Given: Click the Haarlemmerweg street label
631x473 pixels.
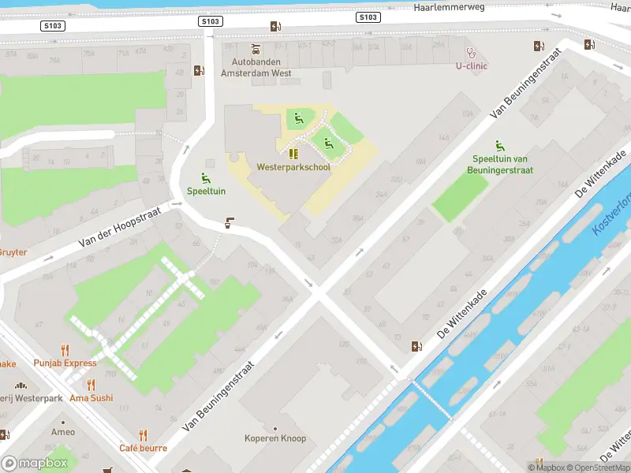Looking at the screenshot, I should tap(447, 6).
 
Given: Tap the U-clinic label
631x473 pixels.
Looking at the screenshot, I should tap(472, 66).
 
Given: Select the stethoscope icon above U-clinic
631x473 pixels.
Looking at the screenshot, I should tap(472, 53).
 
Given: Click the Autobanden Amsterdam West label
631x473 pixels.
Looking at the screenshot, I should tap(256, 67).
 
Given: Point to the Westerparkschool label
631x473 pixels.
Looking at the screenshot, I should tap(293, 167).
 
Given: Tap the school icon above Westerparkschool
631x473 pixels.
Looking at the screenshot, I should tap(293, 154).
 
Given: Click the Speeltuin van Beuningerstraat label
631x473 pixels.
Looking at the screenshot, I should tap(502, 165).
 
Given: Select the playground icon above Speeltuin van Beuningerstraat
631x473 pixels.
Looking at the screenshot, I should tap(499, 145).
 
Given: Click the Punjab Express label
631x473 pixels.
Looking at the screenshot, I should tap(65, 363).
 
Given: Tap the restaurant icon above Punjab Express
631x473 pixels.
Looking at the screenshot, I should tap(65, 350).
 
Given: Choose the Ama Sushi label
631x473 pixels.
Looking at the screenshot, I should tap(91, 398).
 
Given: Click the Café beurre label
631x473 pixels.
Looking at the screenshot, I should tap(143, 448).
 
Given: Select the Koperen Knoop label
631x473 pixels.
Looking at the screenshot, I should tap(274, 438).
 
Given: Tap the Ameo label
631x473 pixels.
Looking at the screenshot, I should tap(63, 432).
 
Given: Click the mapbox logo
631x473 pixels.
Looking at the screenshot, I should tap(34, 463).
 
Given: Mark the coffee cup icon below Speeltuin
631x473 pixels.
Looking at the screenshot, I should tap(230, 223).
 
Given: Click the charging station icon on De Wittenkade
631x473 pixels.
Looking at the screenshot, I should tap(416, 346).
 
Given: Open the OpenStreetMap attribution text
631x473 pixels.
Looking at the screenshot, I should tap(596, 467).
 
